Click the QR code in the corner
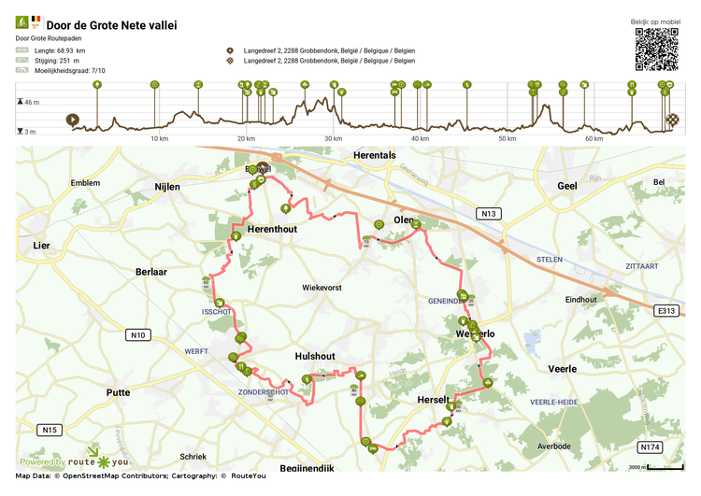[657, 50]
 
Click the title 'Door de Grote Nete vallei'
[105, 25]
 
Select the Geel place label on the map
[567, 186]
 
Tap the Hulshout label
[315, 356]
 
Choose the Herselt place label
[435, 400]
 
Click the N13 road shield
[488, 214]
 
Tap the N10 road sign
[138, 334]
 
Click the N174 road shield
[650, 446]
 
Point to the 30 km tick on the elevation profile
[333, 139]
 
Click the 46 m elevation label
[32, 101]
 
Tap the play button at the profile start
[72, 120]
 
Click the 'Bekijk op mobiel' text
[657, 21]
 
